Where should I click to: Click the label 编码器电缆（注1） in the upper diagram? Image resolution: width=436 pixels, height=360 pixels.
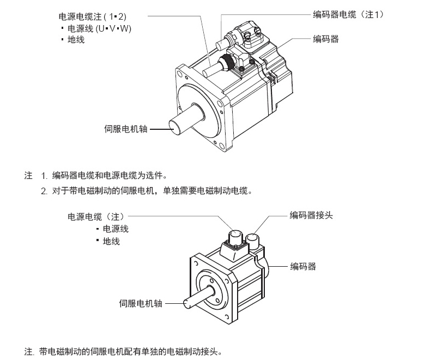tap(349, 15)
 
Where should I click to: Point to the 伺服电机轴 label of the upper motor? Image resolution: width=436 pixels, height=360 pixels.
tap(125, 130)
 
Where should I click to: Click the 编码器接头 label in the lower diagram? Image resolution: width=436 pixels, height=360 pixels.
tap(311, 215)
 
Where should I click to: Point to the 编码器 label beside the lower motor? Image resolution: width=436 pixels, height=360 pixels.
tap(303, 266)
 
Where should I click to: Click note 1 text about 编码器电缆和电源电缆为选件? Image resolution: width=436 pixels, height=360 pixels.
tap(109, 176)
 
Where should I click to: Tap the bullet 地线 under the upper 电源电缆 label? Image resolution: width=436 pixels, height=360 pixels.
tap(76, 40)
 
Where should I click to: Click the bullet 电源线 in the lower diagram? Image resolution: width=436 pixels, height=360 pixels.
tap(115, 229)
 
